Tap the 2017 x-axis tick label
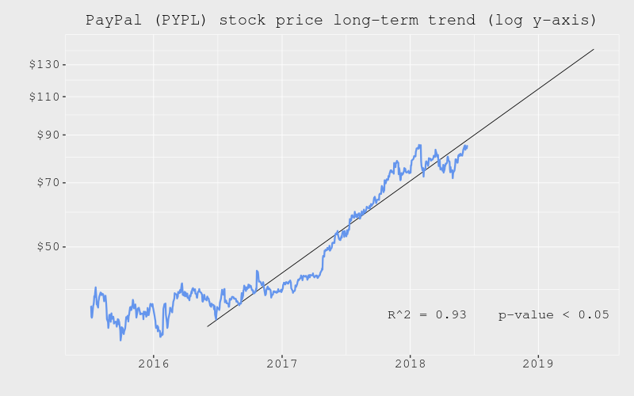[281, 364]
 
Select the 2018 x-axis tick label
[410, 364]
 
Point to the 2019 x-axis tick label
[538, 364]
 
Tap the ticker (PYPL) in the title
[172, 21]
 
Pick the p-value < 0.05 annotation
[553, 314]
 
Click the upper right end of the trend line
[594, 49]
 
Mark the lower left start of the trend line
[208, 326]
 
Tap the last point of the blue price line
[468, 146]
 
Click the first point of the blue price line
[90, 307]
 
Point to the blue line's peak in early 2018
[419, 145]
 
